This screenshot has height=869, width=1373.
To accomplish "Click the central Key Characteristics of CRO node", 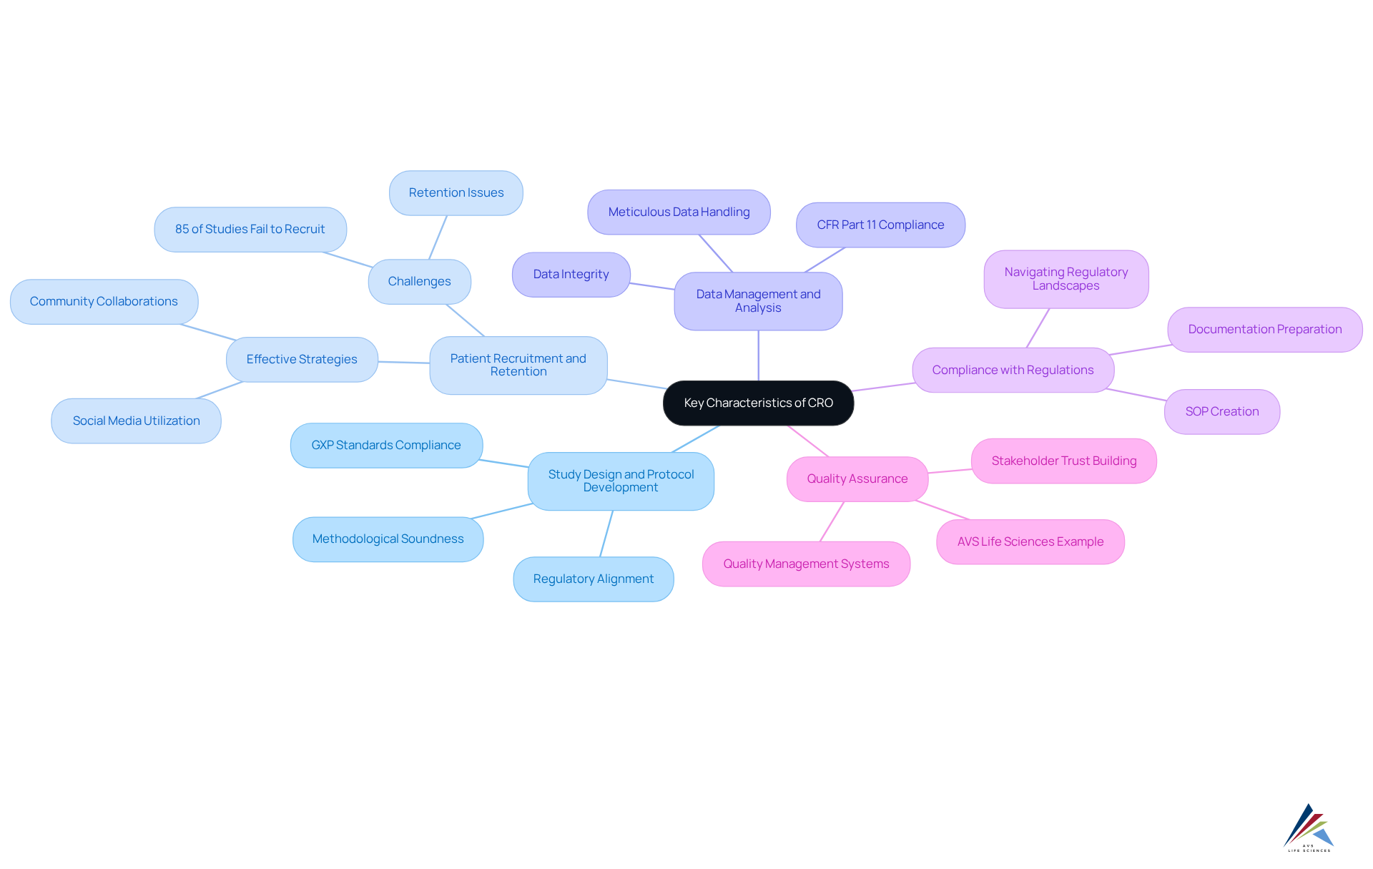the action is point(758,403).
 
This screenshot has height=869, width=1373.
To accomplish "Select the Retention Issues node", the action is point(456,192).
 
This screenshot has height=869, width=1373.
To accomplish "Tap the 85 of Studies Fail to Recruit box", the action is point(250,229).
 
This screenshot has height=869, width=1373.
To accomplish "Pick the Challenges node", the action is point(419,281).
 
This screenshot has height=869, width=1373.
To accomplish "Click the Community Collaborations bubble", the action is point(104,301).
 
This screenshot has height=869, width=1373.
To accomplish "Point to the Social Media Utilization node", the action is point(136,421).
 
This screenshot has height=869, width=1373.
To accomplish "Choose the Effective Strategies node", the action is point(302,359).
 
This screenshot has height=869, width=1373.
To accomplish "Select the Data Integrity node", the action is point(571,274).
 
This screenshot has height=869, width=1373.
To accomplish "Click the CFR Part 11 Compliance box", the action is point(880,225).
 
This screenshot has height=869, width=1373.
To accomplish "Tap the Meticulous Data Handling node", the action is point(679,212).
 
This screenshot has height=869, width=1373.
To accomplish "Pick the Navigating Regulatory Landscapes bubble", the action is point(1066,279).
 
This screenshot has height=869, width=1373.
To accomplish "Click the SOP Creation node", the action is point(1221,411).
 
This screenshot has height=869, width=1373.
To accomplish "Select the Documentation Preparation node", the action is point(1264,329).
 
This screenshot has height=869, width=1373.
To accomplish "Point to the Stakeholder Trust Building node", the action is point(1063,461).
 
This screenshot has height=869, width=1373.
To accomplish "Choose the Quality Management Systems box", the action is point(806,564).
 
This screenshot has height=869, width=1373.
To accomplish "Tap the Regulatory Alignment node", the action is point(593,579).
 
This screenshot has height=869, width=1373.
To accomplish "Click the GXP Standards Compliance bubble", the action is point(386,445).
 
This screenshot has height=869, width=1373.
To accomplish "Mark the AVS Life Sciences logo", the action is point(1309,828).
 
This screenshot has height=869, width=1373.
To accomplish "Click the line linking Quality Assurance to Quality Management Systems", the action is point(832,521).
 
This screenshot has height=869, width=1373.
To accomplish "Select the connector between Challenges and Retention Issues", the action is point(438,237).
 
